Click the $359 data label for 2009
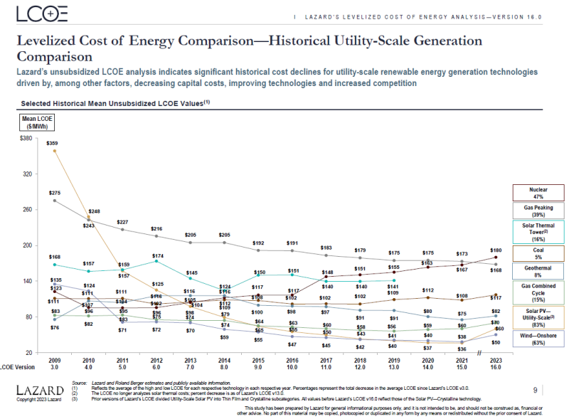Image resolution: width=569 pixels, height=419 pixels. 52,143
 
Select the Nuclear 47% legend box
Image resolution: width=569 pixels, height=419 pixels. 538,193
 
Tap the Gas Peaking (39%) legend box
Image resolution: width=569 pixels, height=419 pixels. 538,211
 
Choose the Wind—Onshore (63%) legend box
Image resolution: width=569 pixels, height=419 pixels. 538,338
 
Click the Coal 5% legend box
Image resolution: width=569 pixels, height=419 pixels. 538,253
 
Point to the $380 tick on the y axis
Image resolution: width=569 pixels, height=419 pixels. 25,138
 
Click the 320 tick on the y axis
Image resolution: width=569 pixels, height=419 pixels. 27,174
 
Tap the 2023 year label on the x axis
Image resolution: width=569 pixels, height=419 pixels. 496,360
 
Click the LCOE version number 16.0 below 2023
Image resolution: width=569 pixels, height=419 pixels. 496,368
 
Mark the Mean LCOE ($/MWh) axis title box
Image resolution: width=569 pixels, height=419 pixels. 34,122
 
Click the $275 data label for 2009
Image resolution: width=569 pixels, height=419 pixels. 54,193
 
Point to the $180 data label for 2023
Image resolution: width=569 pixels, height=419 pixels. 496,250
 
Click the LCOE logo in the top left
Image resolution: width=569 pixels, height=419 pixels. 42,14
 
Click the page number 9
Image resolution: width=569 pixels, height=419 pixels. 535,390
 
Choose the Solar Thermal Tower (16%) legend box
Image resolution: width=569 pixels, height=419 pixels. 538,231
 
